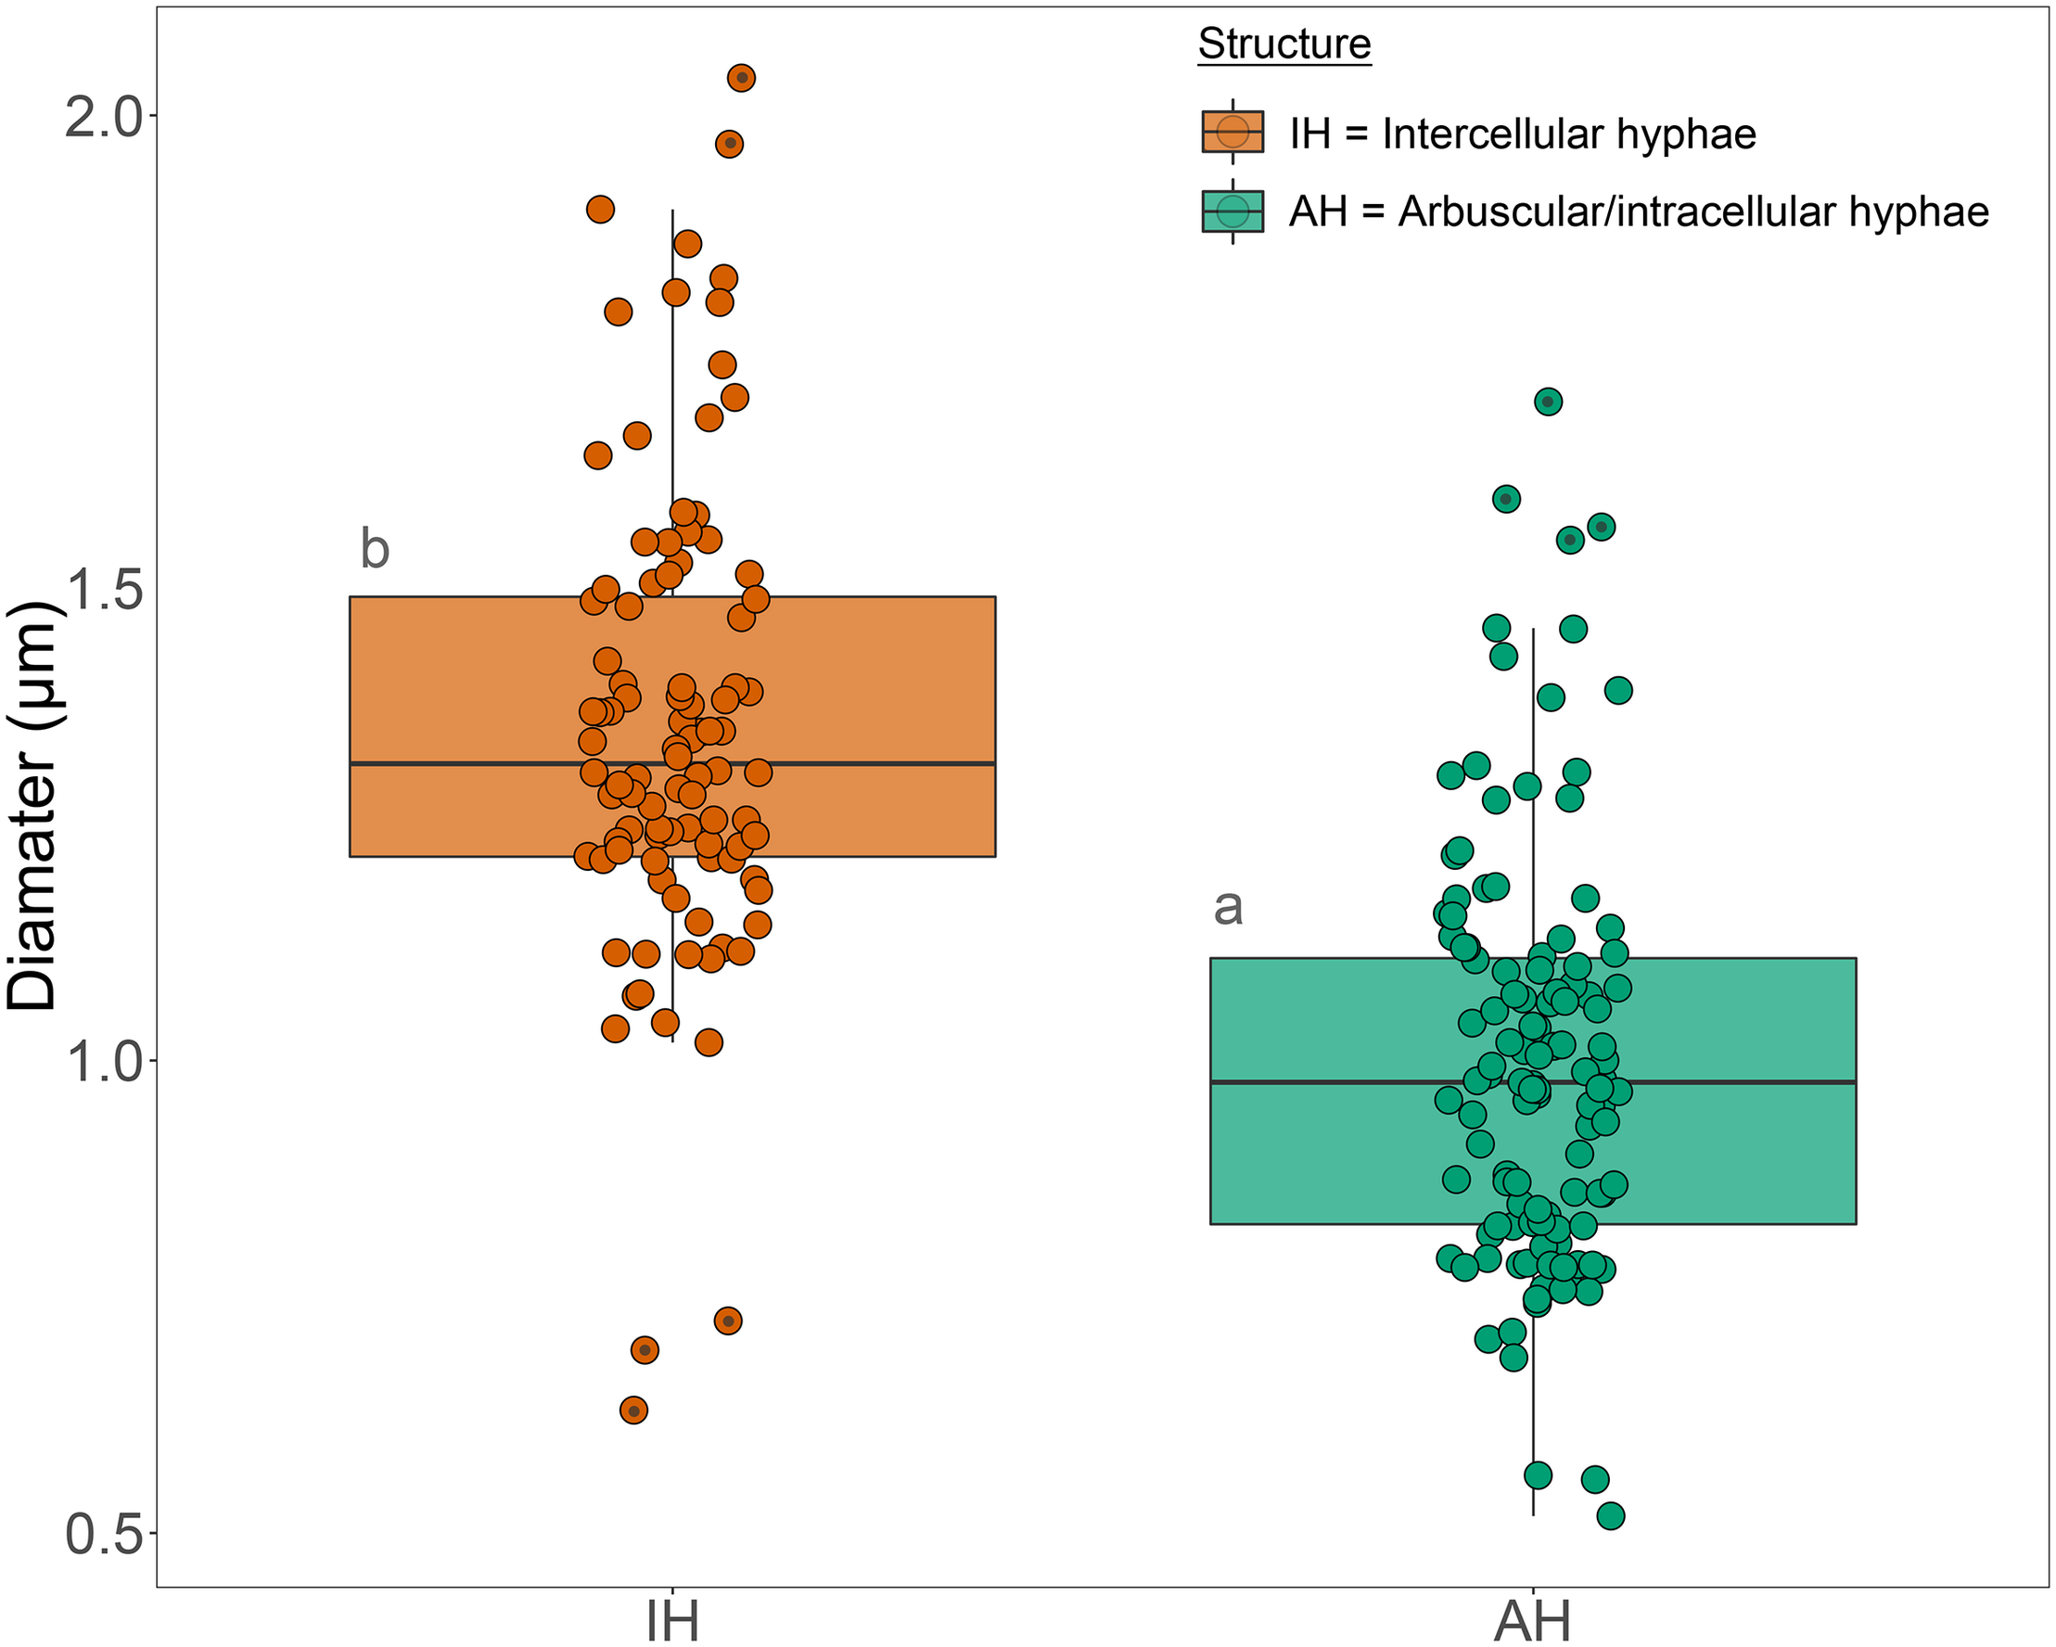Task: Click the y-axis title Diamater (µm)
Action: (x=34, y=806)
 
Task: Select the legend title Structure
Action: (x=1283, y=44)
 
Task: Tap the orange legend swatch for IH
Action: (x=1232, y=132)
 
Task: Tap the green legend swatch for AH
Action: (x=1232, y=211)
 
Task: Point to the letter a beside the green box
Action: (x=1228, y=907)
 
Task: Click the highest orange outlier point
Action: (x=742, y=77)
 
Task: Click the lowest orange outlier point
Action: (x=634, y=1410)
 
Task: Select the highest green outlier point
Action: (x=1548, y=402)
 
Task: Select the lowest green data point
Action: (x=1611, y=1515)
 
